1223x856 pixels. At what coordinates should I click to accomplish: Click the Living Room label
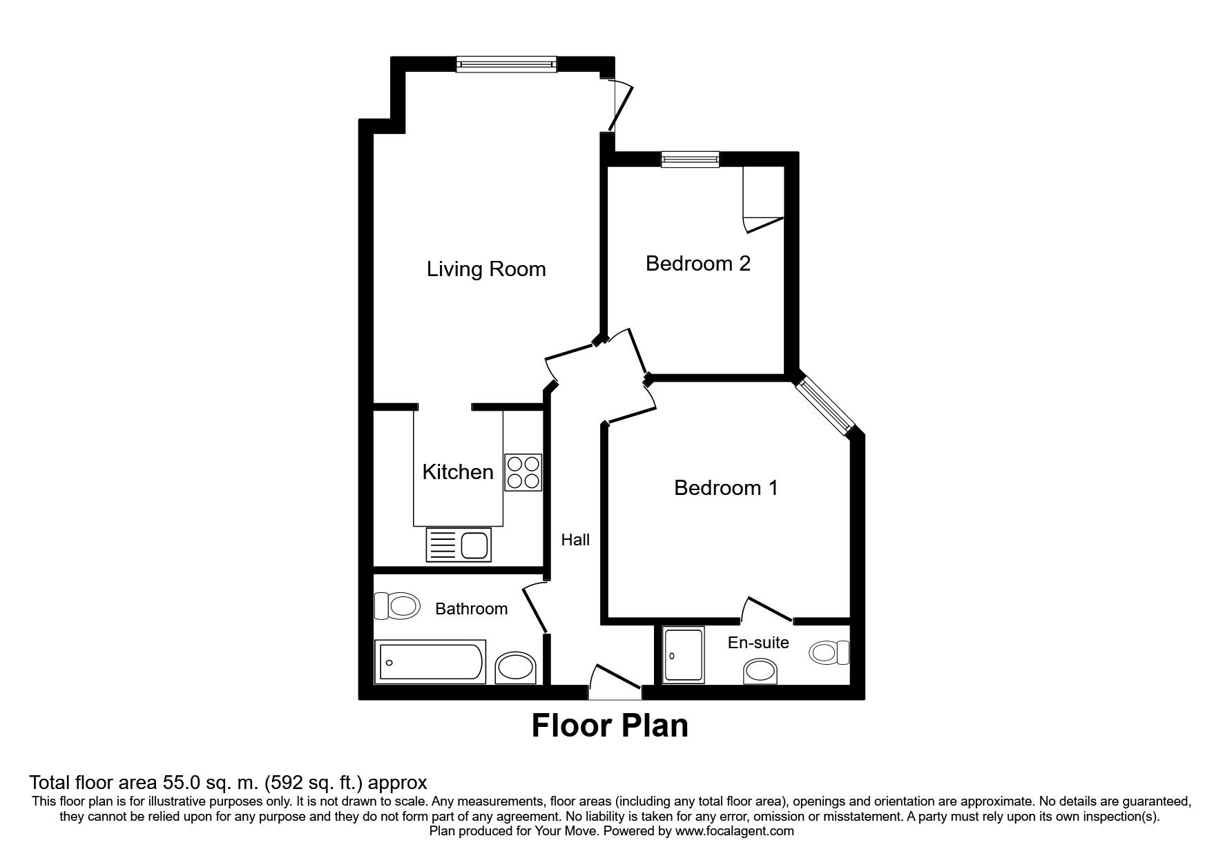click(x=486, y=269)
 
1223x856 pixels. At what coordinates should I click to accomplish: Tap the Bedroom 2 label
click(x=697, y=263)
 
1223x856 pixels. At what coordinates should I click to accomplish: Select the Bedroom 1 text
click(x=726, y=487)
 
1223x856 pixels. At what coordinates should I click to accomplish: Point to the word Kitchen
click(x=458, y=471)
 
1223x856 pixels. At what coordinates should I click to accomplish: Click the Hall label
click(x=575, y=539)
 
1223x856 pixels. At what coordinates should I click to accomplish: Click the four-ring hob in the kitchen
click(x=523, y=472)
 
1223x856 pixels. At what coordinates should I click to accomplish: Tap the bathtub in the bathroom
click(x=430, y=662)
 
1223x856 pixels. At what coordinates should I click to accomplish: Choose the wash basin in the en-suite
click(x=760, y=670)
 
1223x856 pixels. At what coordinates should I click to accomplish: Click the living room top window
click(x=506, y=64)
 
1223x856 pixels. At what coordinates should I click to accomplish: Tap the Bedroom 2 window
click(x=690, y=159)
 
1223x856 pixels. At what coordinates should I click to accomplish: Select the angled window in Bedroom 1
click(x=825, y=406)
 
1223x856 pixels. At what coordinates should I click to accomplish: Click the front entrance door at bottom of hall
click(x=615, y=680)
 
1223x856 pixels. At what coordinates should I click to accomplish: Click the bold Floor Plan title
click(x=610, y=726)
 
